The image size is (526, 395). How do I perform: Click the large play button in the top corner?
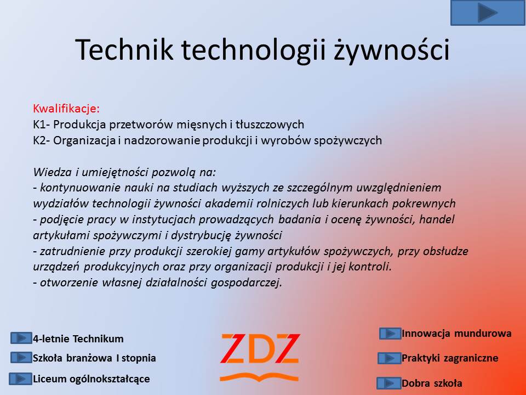[488, 13]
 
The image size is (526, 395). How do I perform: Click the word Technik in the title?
[124, 50]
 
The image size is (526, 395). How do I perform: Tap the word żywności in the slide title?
[391, 50]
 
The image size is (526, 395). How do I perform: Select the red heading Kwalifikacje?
[66, 109]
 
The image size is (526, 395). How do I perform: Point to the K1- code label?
[42, 125]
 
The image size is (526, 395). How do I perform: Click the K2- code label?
[42, 140]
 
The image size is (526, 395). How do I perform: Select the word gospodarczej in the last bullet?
[246, 283]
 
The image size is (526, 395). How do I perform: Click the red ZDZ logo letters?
[260, 349]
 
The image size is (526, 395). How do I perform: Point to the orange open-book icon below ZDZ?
[259, 377]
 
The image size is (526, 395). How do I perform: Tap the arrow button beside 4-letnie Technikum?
[21, 338]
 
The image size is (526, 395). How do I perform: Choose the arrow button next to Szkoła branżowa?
[21, 358]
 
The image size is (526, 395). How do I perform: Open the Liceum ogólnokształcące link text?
[92, 379]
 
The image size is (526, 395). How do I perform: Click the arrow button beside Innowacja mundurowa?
[390, 334]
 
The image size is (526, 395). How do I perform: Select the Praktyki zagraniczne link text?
[450, 358]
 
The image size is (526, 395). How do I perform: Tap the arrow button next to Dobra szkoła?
[389, 383]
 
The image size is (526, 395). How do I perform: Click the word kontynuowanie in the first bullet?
[81, 188]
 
